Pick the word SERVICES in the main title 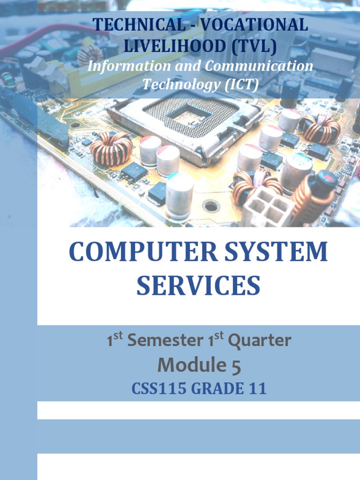(x=198, y=285)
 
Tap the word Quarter (x=259, y=341)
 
